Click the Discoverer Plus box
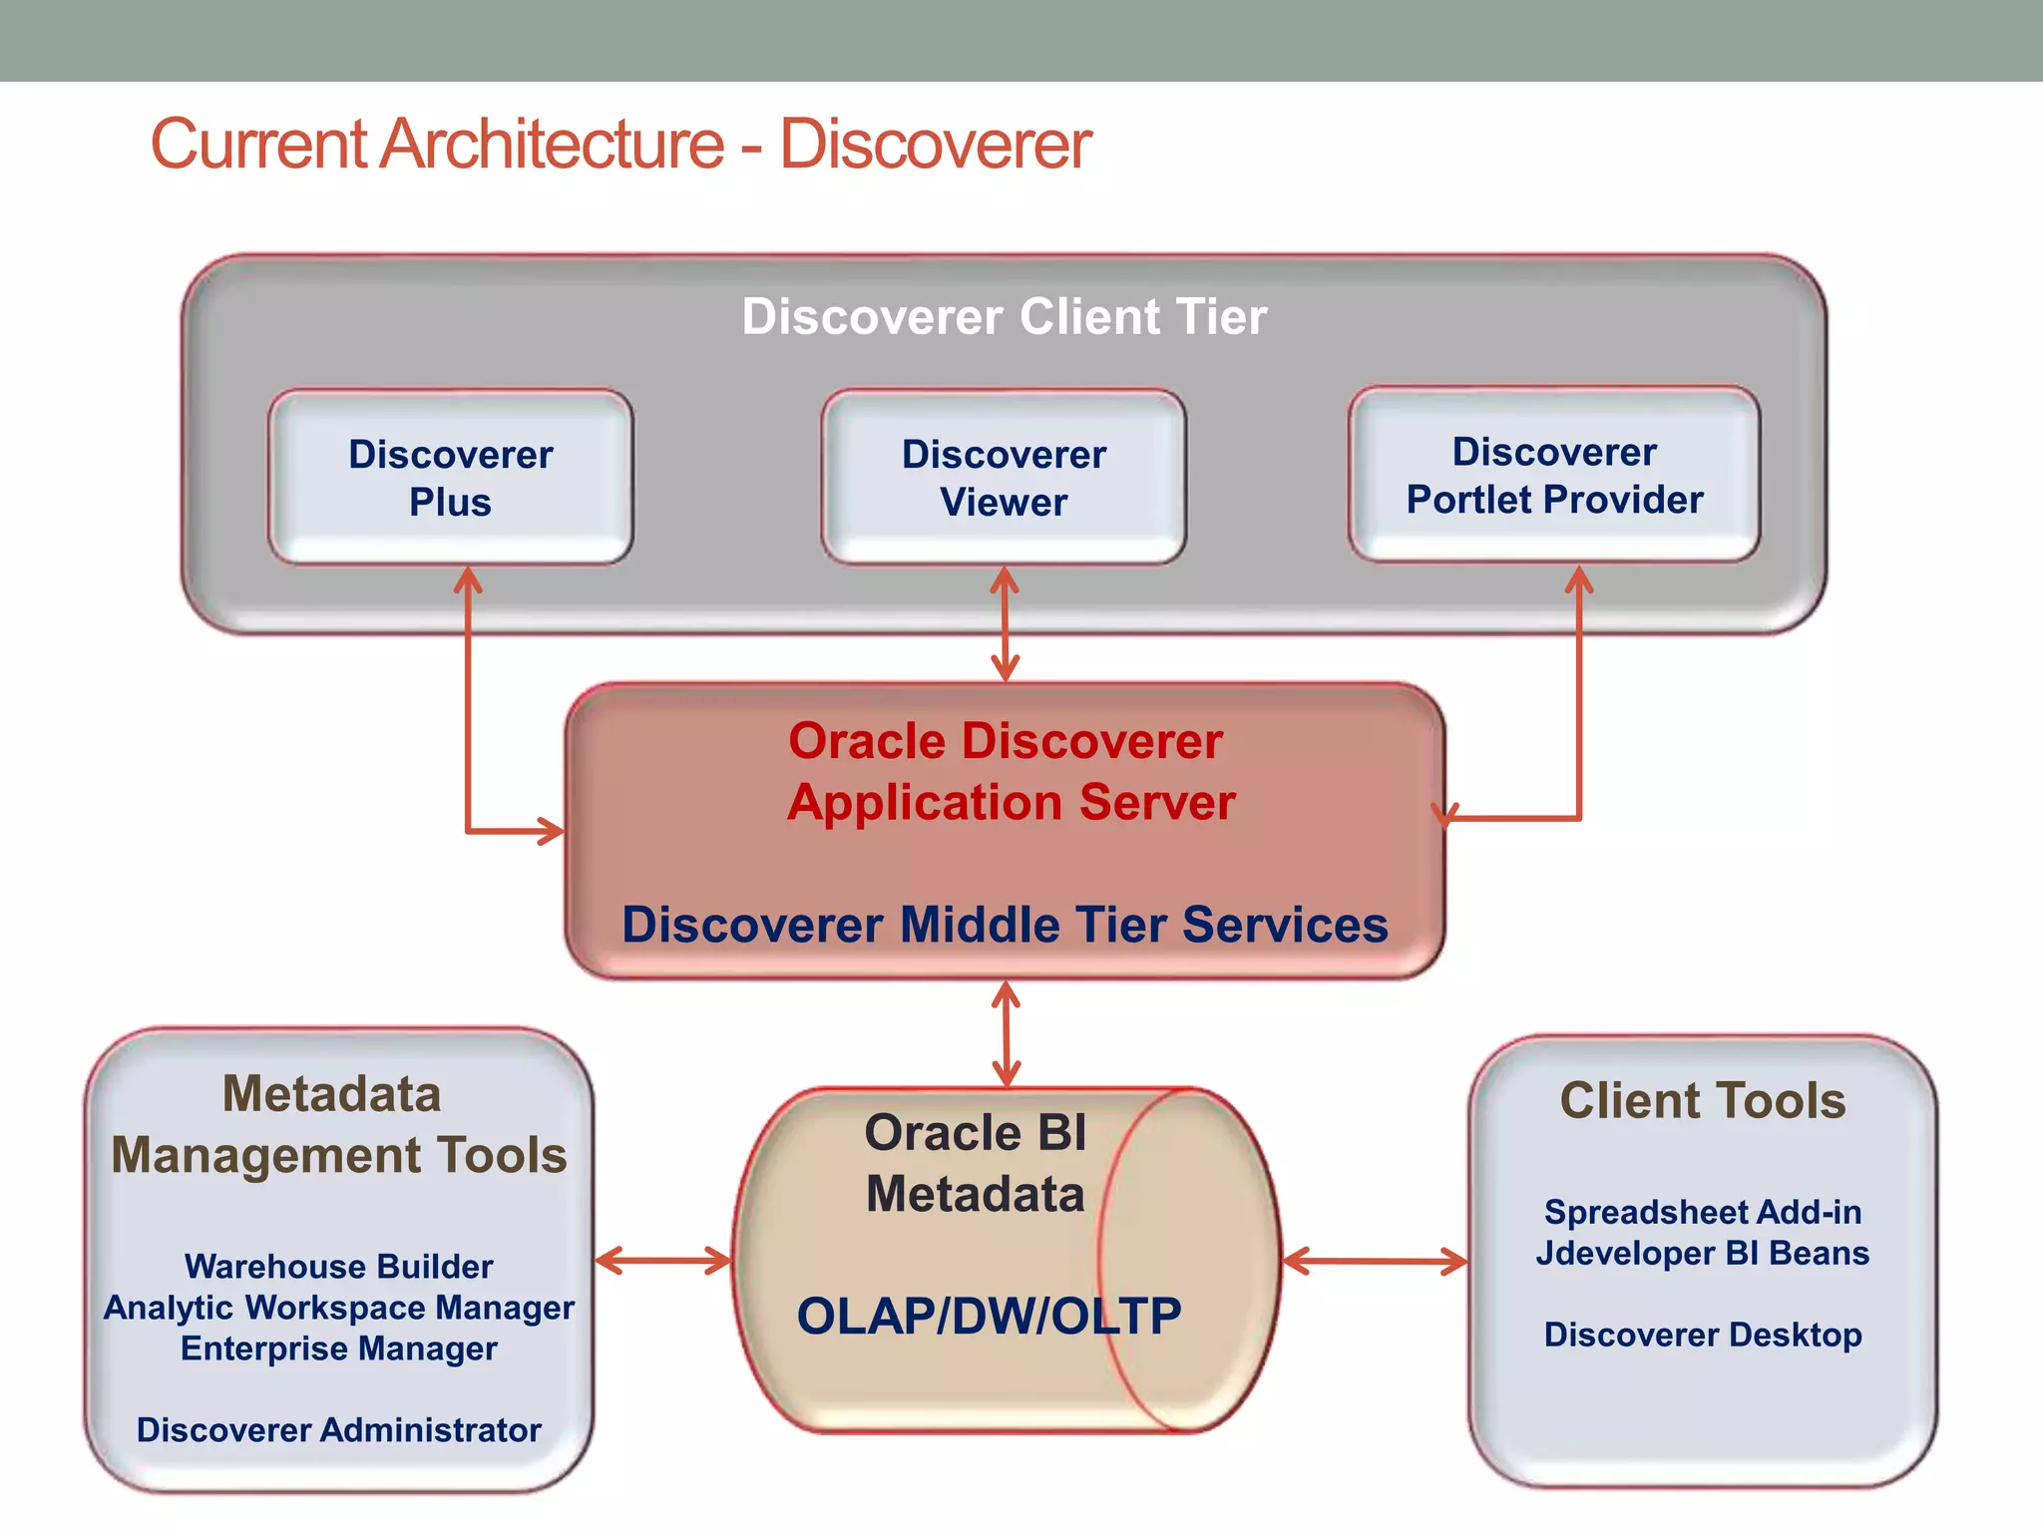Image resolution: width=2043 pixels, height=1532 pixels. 450,478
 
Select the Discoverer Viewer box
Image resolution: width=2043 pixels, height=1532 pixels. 1004,478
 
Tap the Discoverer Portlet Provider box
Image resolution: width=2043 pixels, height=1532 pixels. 1554,476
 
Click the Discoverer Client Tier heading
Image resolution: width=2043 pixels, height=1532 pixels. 1004,317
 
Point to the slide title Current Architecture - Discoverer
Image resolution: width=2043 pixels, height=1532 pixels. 620,145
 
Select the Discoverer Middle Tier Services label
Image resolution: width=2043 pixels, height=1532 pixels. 1005,925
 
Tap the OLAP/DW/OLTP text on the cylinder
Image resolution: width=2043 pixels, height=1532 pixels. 989,1316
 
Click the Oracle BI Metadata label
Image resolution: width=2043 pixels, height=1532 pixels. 975,1163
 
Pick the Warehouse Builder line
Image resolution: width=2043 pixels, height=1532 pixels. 339,1267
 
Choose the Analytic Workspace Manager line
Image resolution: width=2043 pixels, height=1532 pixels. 339,1308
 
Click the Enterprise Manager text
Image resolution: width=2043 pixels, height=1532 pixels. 339,1348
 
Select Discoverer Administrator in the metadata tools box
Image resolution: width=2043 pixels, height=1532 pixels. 339,1430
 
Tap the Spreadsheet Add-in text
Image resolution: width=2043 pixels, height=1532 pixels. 1703,1212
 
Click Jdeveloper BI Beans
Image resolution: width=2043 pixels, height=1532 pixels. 1703,1253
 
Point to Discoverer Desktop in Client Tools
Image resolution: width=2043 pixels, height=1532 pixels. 1703,1335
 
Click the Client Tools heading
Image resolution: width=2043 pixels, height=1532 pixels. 1703,1101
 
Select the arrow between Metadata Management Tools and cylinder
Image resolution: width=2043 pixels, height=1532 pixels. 663,1261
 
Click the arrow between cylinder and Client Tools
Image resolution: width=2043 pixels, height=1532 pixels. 1375,1262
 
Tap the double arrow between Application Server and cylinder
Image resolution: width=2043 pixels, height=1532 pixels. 1006,1033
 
